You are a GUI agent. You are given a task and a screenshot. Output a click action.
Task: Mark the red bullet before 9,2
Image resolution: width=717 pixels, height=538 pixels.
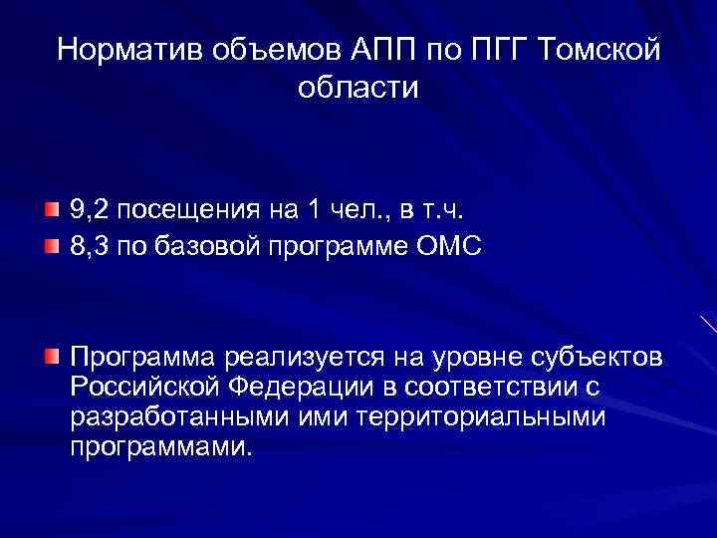coord(51,209)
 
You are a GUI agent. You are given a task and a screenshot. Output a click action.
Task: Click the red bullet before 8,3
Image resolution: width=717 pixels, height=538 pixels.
coord(51,244)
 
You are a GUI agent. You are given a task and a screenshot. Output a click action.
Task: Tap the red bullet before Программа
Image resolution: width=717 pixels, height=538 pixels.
coord(51,356)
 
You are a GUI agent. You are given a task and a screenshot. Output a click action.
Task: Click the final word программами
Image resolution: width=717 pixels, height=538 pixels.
coord(156,446)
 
